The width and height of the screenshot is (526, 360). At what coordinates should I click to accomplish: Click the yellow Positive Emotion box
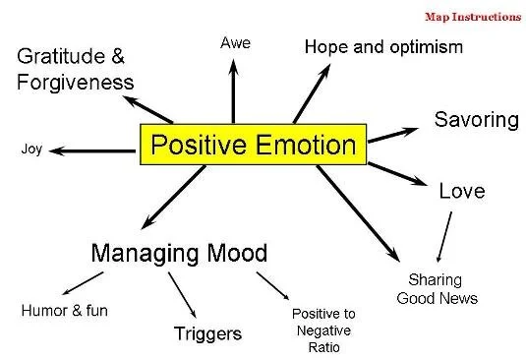253,146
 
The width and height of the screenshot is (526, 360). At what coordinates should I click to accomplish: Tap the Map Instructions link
471,17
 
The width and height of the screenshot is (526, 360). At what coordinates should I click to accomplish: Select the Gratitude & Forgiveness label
75,68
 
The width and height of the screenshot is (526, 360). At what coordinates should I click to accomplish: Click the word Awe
234,43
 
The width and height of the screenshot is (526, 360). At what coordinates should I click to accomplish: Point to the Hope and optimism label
382,46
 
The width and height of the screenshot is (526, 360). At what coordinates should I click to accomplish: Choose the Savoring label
476,120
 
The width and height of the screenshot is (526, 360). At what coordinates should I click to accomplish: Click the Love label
461,190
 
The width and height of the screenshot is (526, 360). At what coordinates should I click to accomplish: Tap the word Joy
31,150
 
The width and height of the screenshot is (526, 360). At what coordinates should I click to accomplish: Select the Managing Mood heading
178,253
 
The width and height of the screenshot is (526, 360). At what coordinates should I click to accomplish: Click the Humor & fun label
64,311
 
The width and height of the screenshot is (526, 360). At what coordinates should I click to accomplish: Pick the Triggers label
207,333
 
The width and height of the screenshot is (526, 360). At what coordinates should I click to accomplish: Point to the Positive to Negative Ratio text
323,330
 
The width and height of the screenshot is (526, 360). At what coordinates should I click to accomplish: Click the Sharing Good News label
437,289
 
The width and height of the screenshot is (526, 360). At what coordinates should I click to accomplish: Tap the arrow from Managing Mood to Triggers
181,292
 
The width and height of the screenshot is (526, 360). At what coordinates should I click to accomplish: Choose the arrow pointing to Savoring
394,134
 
